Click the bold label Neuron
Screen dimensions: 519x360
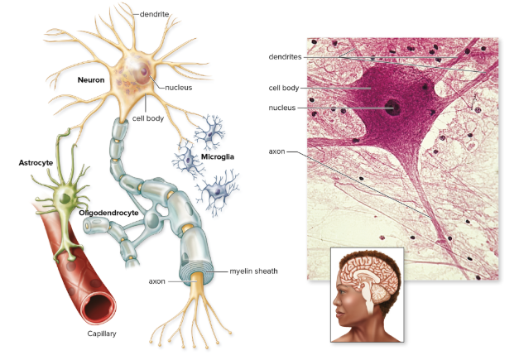[x=91, y=79]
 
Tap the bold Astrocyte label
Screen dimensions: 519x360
[x=36, y=163]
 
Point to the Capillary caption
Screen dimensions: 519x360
[x=103, y=334]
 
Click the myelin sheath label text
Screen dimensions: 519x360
[x=254, y=271]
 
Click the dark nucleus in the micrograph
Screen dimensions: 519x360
[x=391, y=107]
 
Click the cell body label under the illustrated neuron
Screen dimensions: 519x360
[x=148, y=118]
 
